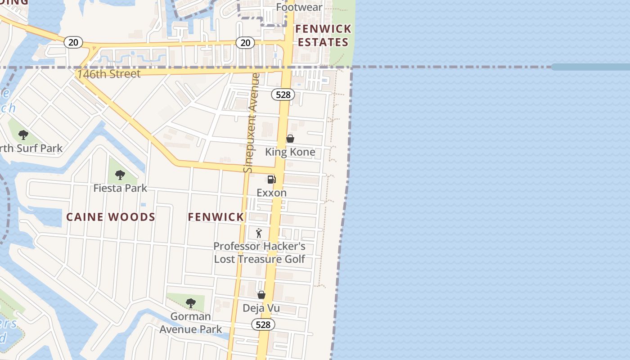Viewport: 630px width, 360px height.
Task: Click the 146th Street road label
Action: click(108, 74)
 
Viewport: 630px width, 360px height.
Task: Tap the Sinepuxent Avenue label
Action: click(251, 122)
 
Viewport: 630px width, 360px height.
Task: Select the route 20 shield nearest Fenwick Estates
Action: click(245, 43)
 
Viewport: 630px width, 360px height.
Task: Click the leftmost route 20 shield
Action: click(73, 42)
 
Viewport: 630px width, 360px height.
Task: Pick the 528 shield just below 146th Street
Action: click(283, 95)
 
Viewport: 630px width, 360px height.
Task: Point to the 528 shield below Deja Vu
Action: click(263, 324)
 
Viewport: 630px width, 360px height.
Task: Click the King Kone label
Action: click(290, 152)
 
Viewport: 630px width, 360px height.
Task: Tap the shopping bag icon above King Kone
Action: click(290, 139)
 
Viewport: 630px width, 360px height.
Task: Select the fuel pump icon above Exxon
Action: click(271, 180)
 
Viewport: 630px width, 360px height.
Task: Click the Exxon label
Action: click(271, 193)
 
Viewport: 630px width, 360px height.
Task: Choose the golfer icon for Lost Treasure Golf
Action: click(259, 233)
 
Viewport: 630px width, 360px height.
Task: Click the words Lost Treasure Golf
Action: click(259, 259)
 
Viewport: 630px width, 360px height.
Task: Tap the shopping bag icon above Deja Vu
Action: click(261, 295)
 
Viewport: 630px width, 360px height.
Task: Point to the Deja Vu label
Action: click(261, 308)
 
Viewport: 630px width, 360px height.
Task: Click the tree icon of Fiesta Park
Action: click(120, 175)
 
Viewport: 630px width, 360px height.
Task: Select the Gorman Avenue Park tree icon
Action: click(191, 303)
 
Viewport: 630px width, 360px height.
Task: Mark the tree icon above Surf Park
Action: click(23, 135)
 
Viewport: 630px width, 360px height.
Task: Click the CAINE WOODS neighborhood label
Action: click(111, 217)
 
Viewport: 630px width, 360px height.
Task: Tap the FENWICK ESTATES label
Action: click(323, 36)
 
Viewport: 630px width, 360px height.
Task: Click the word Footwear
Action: click(299, 7)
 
